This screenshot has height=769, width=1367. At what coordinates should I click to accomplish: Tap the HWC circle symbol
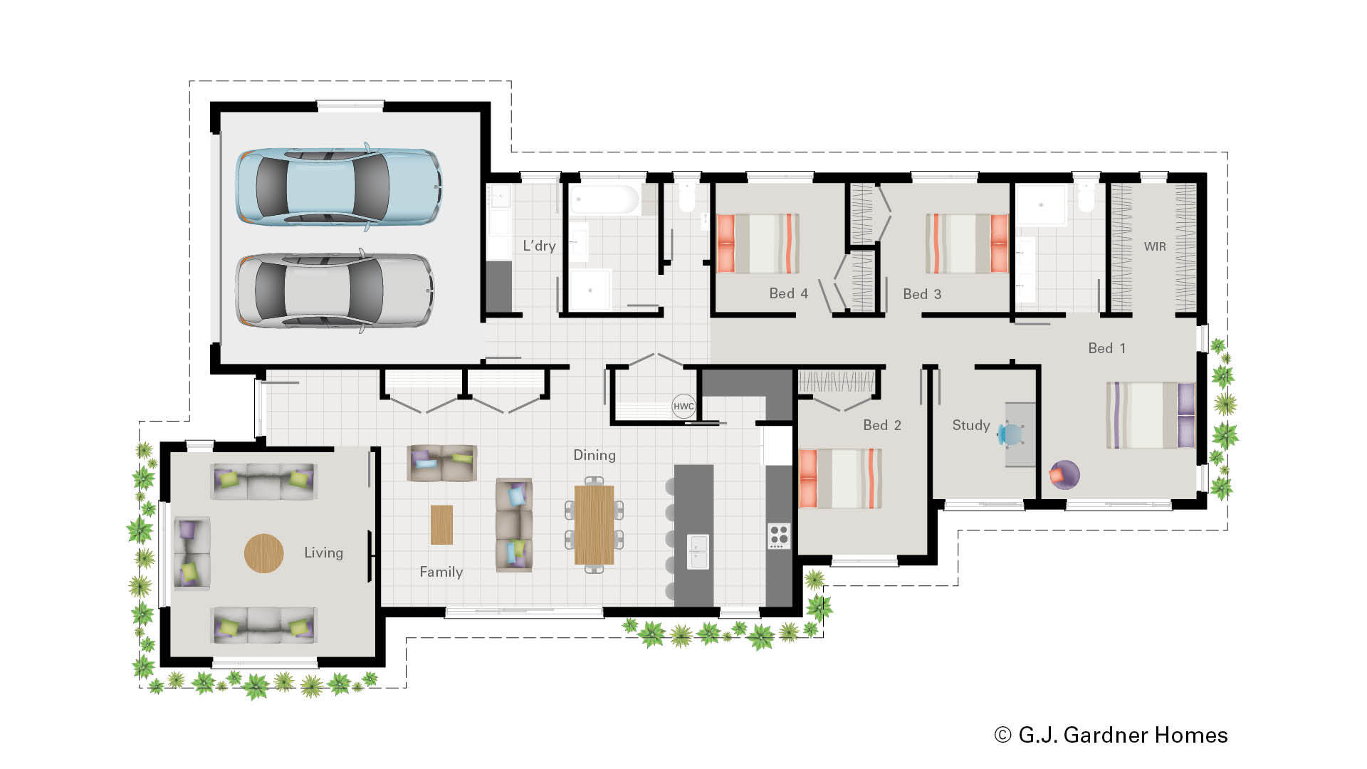tap(683, 407)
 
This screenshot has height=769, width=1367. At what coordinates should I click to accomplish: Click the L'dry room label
tap(539, 246)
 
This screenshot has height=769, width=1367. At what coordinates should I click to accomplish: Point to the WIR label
tap(1155, 246)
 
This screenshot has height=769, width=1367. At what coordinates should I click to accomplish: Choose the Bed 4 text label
tap(788, 293)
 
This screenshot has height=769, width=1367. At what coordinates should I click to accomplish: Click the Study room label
tap(971, 425)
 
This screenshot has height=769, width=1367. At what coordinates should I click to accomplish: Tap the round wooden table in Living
tap(264, 553)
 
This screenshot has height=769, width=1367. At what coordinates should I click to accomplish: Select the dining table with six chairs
tap(594, 525)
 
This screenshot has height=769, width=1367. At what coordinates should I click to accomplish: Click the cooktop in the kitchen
tap(779, 535)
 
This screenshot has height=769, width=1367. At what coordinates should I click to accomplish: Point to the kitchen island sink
tap(698, 551)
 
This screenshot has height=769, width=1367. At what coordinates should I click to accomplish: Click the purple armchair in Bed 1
tap(1064, 474)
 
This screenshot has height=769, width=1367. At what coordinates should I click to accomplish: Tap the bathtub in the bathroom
tap(605, 199)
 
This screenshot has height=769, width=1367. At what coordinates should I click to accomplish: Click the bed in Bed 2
tap(841, 478)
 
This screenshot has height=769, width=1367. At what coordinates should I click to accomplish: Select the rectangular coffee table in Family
tap(441, 525)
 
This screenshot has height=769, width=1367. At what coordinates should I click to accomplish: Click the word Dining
tap(595, 455)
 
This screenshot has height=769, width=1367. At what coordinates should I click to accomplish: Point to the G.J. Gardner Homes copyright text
tap(1111, 735)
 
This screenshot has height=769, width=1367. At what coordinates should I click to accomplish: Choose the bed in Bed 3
tap(967, 244)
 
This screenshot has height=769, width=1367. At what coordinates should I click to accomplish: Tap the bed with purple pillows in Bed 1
tap(1151, 415)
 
